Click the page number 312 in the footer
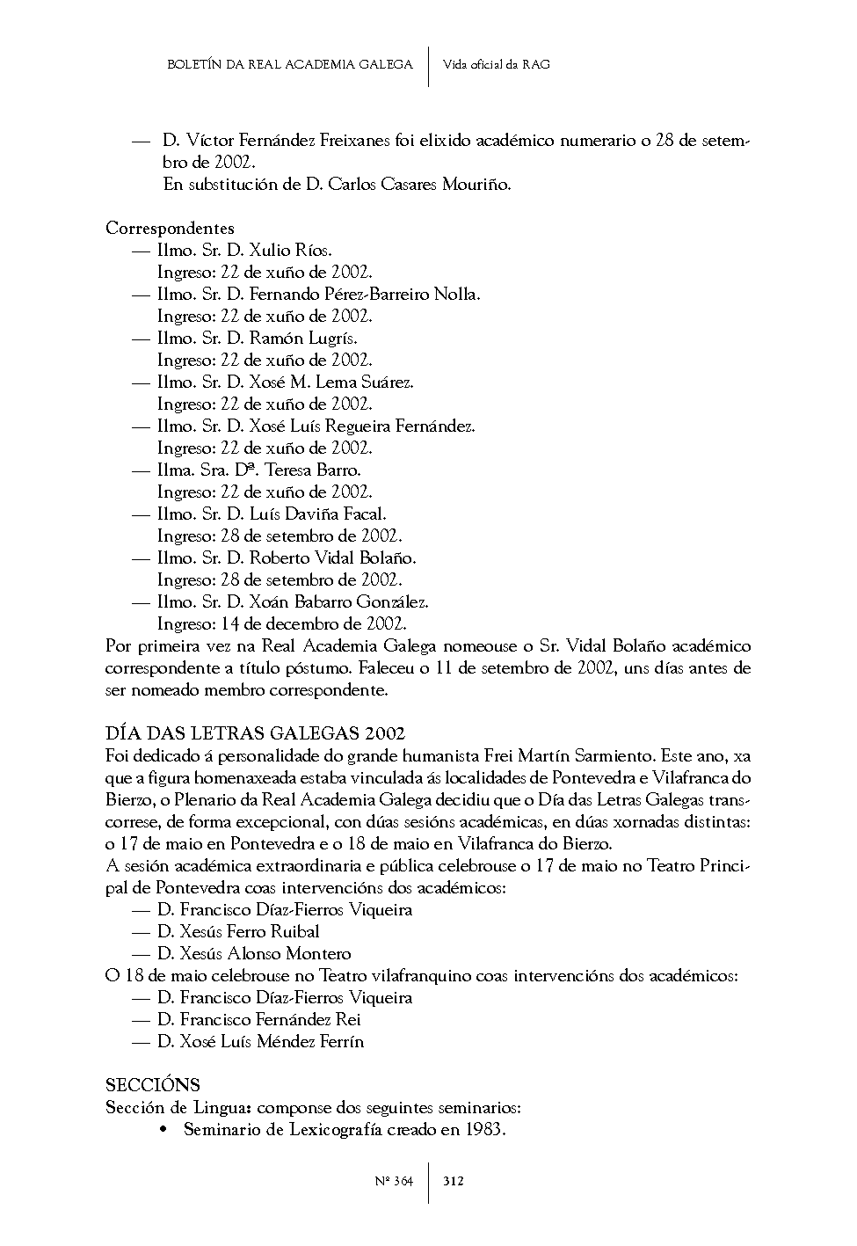(453, 1181)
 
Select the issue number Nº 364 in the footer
(393, 1181)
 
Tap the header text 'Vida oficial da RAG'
(497, 64)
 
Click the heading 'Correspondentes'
(170, 229)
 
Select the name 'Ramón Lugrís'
(303, 339)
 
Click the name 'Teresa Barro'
(312, 470)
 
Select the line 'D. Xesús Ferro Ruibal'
(238, 932)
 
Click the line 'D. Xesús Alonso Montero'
(254, 954)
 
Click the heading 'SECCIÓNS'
(153, 1085)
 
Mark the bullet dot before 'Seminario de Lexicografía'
(163, 1130)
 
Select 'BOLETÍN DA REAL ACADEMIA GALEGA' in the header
(289, 64)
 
